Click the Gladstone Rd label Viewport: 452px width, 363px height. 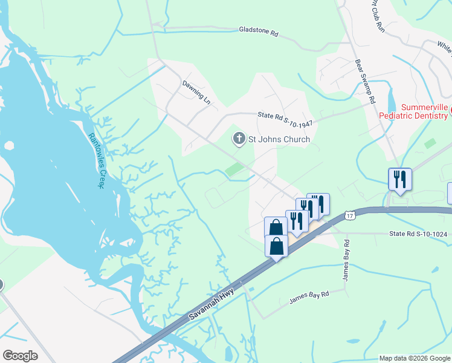pyautogui.click(x=258, y=31)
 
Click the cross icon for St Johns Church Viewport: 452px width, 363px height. pyautogui.click(x=239, y=139)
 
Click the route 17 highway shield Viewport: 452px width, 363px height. pyautogui.click(x=349, y=215)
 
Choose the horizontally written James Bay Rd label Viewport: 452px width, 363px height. pyautogui.click(x=309, y=296)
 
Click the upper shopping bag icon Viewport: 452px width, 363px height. pyautogui.click(x=276, y=227)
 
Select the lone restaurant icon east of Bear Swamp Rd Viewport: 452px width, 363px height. pyautogui.click(x=399, y=178)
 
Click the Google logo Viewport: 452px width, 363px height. pyautogui.click(x=21, y=356)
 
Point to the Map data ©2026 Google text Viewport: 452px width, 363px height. pyautogui.click(x=414, y=358)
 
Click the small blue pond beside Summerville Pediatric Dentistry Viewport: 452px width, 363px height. pyautogui.click(x=391, y=100)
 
